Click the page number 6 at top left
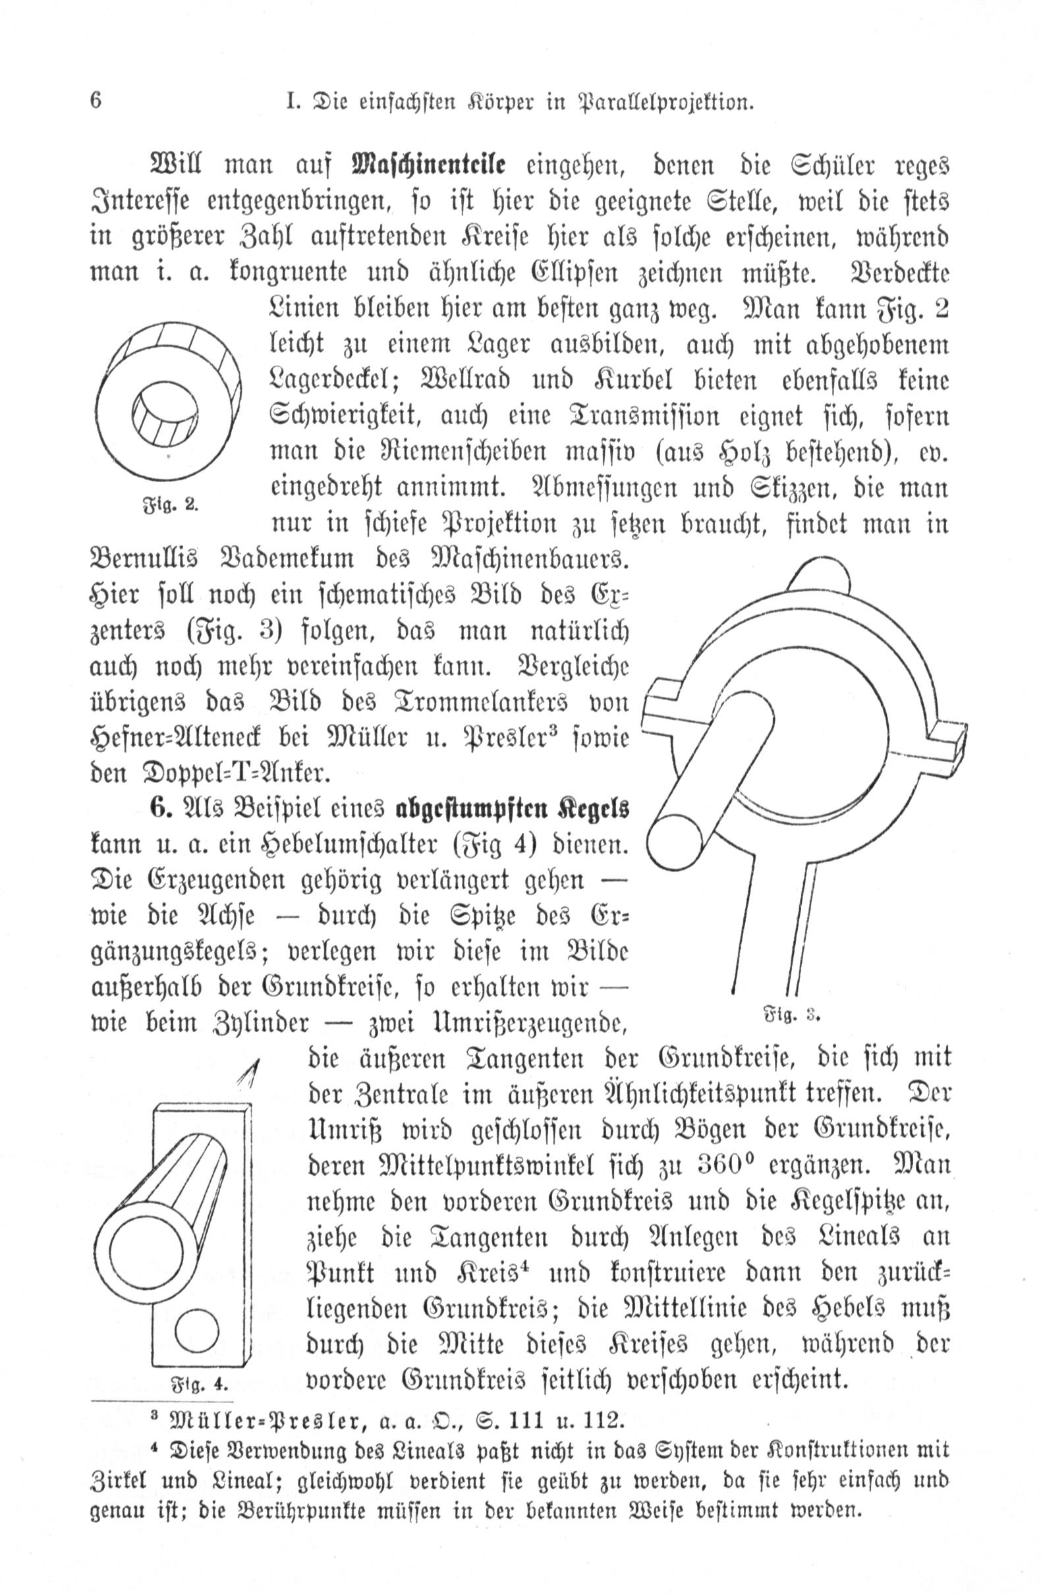coord(96,101)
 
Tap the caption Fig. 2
coord(171,505)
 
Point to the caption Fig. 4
coord(200,1383)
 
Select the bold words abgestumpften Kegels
coord(513,808)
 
